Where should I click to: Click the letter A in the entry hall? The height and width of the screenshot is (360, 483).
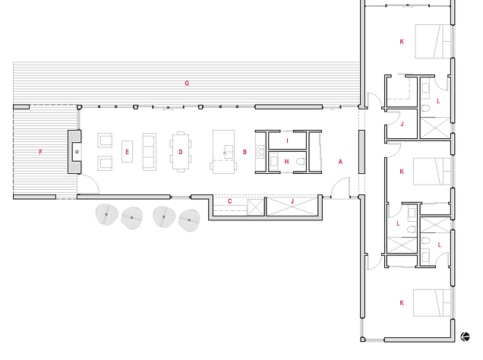[x=340, y=162]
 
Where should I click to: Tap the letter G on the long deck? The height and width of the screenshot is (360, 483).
[x=187, y=83]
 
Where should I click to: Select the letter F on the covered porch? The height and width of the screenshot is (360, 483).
[x=41, y=152]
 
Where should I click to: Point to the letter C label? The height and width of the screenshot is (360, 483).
[x=230, y=201]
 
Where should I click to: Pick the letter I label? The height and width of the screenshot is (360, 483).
[x=287, y=141]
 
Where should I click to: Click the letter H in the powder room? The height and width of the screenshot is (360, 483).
[x=287, y=162]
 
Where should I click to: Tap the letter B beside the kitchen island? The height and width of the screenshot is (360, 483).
[x=245, y=152]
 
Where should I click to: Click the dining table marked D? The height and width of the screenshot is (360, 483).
[x=181, y=151]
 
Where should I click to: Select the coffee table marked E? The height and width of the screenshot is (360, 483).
[x=128, y=151]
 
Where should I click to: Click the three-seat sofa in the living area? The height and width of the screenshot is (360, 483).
[x=150, y=151]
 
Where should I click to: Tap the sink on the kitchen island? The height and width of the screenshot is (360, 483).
[x=229, y=151]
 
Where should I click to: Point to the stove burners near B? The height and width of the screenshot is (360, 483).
[x=260, y=151]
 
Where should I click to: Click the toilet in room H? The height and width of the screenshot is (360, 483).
[x=301, y=161]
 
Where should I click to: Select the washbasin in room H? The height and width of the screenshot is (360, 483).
[x=274, y=161]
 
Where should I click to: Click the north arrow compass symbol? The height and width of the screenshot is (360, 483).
[x=465, y=336]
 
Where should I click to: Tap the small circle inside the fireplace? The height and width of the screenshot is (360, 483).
[x=77, y=152]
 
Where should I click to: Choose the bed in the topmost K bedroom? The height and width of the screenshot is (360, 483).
[x=433, y=42]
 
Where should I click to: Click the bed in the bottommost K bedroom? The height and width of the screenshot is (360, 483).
[x=432, y=303]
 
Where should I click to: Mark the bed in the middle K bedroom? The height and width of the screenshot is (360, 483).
[x=432, y=172]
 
